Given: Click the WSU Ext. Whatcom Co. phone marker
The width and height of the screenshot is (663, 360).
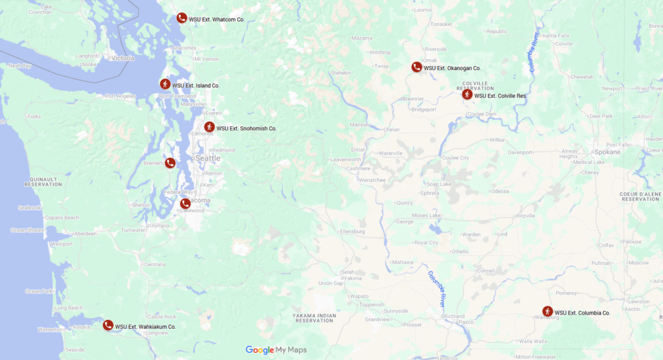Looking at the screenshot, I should coord(182,18).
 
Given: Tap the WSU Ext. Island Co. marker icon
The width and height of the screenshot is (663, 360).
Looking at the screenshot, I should coord(166,84).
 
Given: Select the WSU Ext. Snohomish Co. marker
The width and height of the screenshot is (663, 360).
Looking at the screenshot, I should coord(209,127).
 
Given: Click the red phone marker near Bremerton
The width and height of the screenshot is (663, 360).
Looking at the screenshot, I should coord(170,163).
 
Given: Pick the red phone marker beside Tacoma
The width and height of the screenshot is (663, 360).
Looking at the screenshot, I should coord(185,204).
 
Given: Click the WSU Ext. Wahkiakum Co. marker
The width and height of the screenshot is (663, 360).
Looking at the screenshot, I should coord(108,325).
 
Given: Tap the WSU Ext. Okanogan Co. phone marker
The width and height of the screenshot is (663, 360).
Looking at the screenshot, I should coord(416,67).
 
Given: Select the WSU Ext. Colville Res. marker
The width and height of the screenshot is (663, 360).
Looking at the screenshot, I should coord(467,95).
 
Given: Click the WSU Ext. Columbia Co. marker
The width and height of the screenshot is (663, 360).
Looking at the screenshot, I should coord(547,311).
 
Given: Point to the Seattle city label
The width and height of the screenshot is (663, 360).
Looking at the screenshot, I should coord(208,159).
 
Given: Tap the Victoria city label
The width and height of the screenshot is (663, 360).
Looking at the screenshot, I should coord(122,58).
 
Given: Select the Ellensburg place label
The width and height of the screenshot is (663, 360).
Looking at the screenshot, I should coord(353,232).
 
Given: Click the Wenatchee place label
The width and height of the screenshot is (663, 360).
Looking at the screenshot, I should coord(372,180).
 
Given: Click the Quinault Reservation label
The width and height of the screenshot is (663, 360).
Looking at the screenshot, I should coord(43,181).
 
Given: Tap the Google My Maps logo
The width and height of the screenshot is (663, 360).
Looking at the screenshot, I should coord(276,350).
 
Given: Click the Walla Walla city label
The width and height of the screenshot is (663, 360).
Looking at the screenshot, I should coord(533,341).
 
